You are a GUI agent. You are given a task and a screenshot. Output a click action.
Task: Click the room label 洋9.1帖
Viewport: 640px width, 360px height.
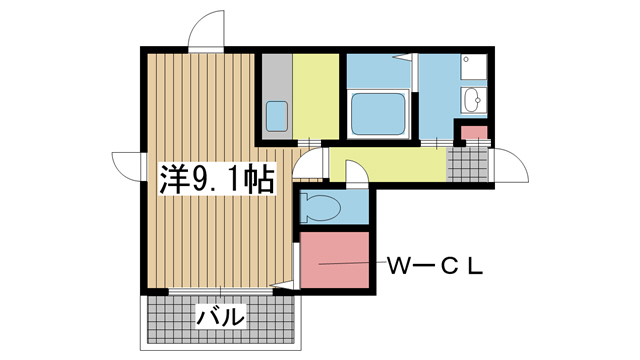[217, 180]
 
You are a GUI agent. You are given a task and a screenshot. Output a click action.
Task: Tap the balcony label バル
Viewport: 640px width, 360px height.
[220, 318]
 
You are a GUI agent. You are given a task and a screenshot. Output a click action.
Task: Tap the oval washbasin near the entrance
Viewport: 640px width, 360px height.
[473, 100]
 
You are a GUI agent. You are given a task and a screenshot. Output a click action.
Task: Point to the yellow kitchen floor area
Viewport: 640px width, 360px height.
[316, 95]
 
